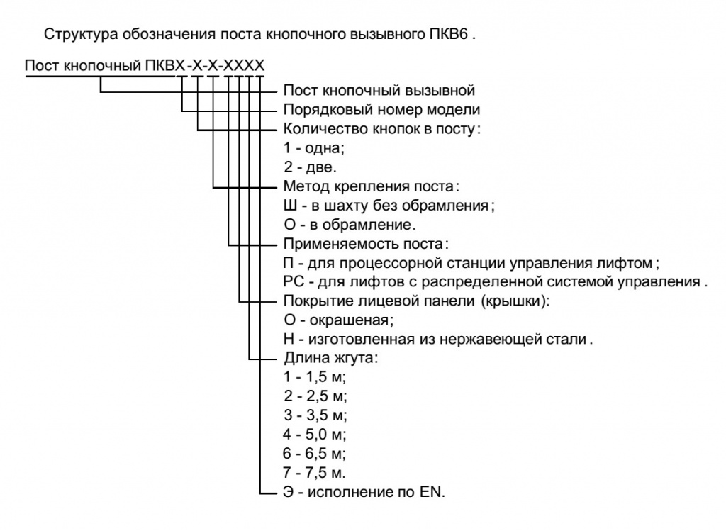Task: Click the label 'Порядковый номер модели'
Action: click(381, 111)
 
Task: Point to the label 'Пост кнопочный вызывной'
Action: click(379, 91)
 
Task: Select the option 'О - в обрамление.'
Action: click(350, 226)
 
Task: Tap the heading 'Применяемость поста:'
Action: click(366, 245)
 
